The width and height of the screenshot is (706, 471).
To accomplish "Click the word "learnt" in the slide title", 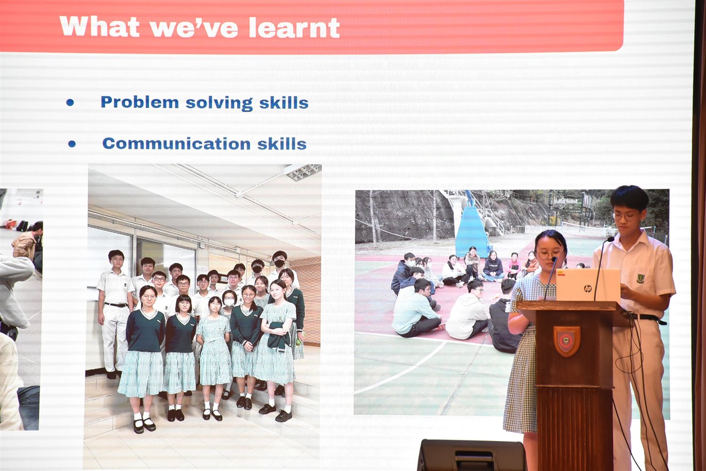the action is tap(294, 27).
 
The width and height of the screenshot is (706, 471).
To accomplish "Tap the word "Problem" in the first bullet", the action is tap(140, 102).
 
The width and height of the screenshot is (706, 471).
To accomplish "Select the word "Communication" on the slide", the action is tap(176, 144).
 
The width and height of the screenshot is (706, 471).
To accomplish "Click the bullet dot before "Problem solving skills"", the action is tap(70, 102).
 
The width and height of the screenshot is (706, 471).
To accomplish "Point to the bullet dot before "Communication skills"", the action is tap(72, 144).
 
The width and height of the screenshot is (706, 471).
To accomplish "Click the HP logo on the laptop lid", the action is tap(588, 288).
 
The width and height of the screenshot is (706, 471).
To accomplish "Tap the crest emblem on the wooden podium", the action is tap(567, 341).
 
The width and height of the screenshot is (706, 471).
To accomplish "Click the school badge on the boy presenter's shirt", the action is tap(640, 278).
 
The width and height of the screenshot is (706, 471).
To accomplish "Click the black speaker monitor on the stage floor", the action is tap(472, 455).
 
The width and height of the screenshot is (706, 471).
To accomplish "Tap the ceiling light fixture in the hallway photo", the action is tap(302, 172).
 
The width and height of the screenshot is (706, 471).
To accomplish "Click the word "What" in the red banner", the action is tap(99, 27).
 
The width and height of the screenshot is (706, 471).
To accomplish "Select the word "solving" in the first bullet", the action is tap(219, 103).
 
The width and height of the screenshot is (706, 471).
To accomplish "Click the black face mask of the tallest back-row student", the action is tap(279, 263).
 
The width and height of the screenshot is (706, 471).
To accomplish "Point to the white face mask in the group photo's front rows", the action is tap(229, 302).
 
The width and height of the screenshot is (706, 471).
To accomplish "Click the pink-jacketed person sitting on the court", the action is tap(513, 266).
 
